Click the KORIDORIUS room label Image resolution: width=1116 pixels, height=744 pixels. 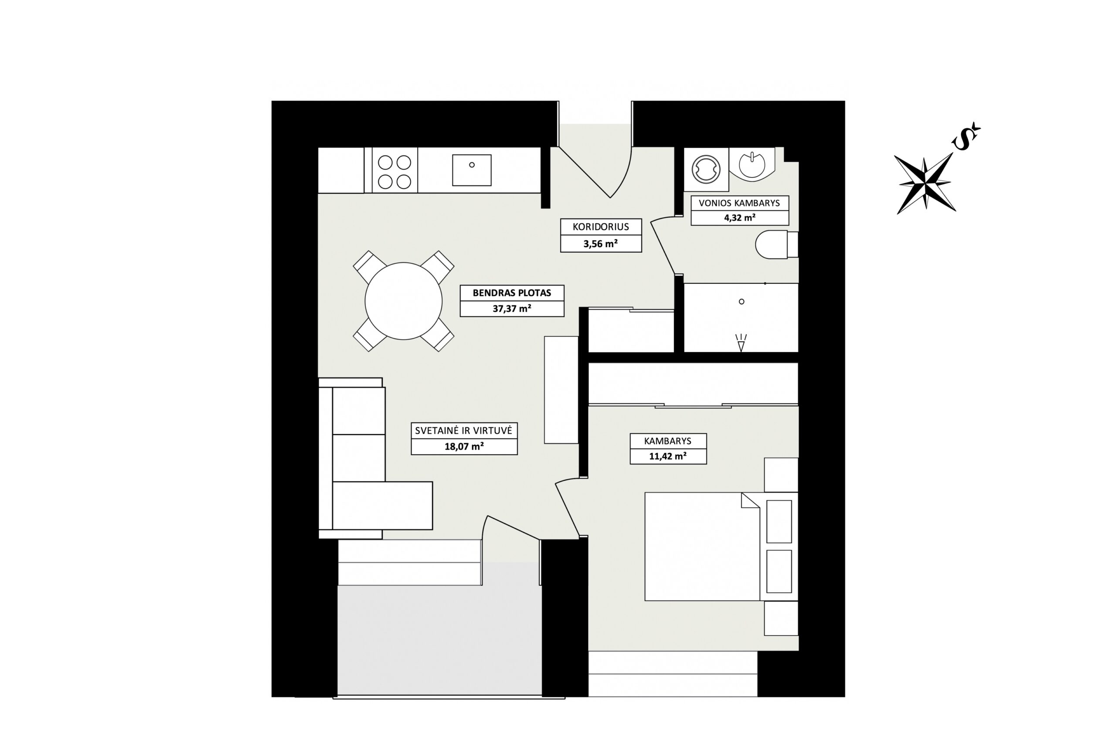(601, 227)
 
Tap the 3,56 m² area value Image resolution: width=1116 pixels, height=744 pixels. (601, 244)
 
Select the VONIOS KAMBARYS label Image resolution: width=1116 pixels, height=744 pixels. (739, 203)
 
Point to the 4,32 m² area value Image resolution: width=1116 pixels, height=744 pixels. (739, 218)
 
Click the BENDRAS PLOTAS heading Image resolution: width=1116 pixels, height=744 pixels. (512, 293)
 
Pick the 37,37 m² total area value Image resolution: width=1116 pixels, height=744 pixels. (512, 309)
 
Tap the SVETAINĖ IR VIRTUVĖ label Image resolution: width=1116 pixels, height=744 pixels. (463, 431)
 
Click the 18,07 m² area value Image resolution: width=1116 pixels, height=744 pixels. (464, 446)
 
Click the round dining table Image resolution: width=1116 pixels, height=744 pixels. (403, 301)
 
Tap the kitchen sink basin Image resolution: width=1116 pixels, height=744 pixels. (472, 170)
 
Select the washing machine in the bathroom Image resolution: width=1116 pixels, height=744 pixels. (706, 170)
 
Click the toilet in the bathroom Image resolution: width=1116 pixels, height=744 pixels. (777, 245)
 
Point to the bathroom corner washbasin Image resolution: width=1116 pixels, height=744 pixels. (752, 164)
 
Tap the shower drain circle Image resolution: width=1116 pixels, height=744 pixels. (742, 302)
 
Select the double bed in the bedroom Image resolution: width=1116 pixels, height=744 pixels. (702, 547)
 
